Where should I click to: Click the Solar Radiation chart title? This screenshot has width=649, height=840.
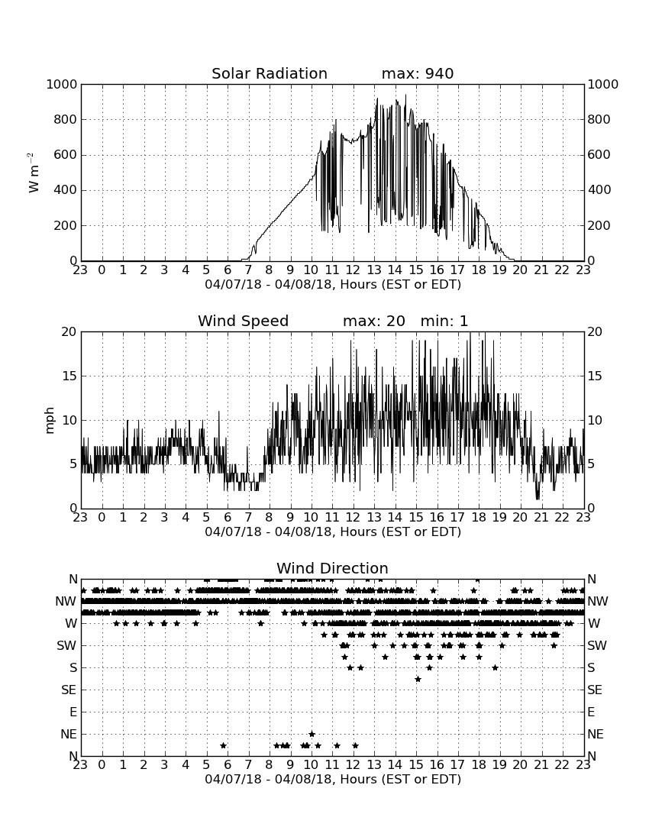(x=270, y=73)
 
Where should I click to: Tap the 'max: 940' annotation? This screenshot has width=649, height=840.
(x=418, y=73)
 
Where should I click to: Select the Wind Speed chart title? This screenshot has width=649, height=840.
(x=243, y=321)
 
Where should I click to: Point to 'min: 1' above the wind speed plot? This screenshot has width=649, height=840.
(x=444, y=321)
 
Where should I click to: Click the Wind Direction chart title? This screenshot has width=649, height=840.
(x=332, y=568)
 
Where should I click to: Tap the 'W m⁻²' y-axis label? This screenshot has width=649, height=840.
(x=34, y=173)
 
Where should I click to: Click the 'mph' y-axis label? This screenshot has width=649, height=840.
(x=50, y=421)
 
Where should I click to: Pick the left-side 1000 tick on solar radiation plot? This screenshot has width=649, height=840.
(x=62, y=84)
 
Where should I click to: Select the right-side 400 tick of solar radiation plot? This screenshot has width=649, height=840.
(x=599, y=189)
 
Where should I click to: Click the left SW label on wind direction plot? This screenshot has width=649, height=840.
(x=67, y=645)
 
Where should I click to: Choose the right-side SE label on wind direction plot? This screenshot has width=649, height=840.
(x=595, y=690)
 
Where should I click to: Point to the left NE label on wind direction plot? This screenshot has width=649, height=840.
(x=69, y=734)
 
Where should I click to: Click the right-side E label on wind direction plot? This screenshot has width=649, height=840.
(x=591, y=712)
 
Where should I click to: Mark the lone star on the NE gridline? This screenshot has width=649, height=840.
(x=312, y=734)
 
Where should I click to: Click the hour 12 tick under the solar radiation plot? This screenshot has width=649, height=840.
(x=353, y=270)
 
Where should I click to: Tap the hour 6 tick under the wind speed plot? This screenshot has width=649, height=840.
(x=228, y=517)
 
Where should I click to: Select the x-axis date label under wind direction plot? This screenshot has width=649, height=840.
(x=333, y=779)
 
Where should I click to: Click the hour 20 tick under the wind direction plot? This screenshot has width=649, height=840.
(x=521, y=764)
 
